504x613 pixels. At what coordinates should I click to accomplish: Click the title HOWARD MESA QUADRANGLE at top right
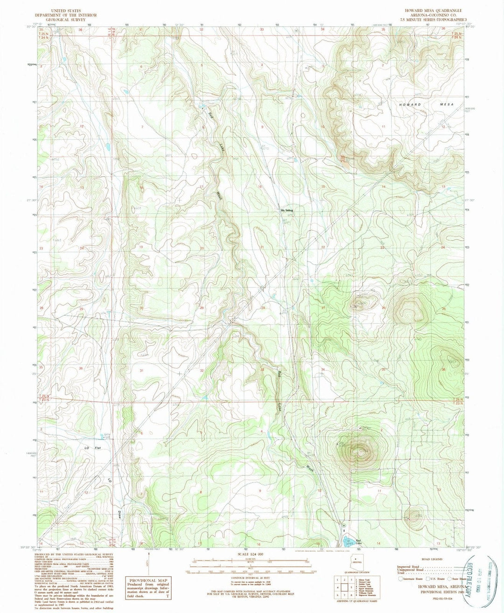(435, 10)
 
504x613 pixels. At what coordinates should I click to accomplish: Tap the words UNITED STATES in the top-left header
(67, 10)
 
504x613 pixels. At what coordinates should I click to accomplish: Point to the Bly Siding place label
(286, 210)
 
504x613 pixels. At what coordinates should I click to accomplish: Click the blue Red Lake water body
(348, 542)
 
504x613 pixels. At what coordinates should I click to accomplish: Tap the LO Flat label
(92, 448)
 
